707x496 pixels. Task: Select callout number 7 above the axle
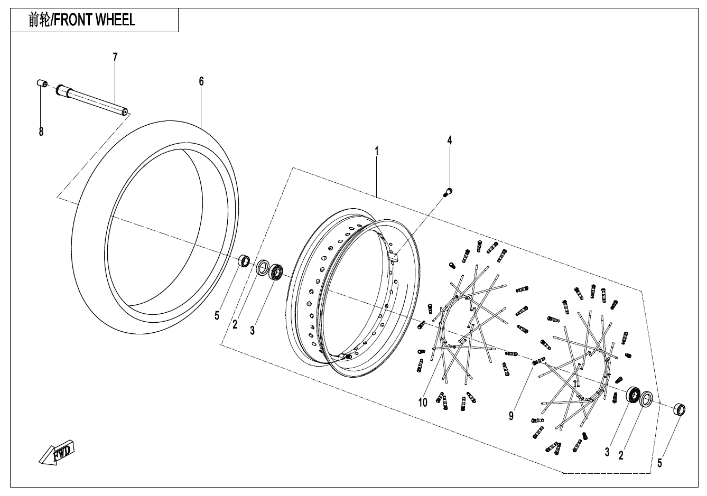coord(115,57)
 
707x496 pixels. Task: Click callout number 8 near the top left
coord(41,132)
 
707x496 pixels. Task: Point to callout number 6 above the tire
coord(201,81)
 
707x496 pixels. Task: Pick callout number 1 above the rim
coord(376,151)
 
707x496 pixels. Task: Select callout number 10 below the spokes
coord(423,403)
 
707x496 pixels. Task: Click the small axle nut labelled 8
coord(42,83)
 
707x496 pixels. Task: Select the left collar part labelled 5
coord(245,260)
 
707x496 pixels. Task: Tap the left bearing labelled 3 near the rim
coord(277,273)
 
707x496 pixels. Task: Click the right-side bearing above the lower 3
coord(633,396)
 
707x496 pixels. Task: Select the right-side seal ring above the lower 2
coord(647,399)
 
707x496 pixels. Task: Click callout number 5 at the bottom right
coord(659,464)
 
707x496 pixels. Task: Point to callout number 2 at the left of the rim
coord(235,324)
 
